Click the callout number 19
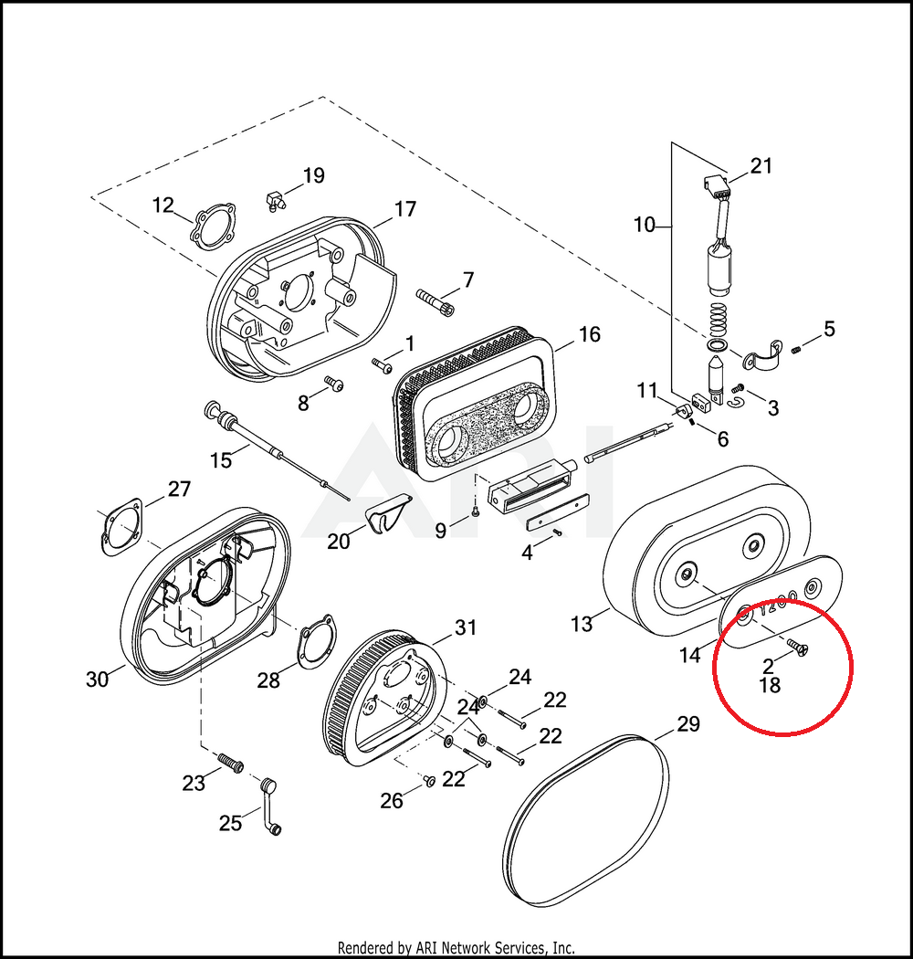pos(313,176)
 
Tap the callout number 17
pos(404,209)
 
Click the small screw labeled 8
pos(334,385)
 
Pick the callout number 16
pos(589,334)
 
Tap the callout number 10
pos(645,224)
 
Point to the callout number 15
pos(221,460)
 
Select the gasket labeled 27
pos(120,529)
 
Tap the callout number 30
pos(98,679)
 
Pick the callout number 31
pos(466,627)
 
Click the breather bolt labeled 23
pos(228,761)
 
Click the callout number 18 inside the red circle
pos(770,685)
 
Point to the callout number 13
pos(582,624)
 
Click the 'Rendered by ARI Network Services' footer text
pos(456,948)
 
